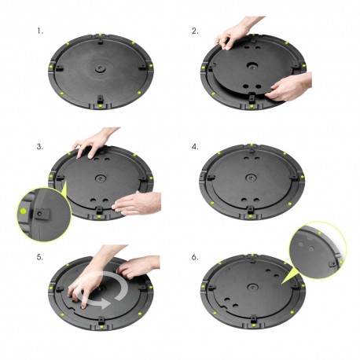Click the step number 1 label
coord(39,31)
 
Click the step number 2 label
coord(195,31)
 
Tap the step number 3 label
coord(39,146)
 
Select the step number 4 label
coord(195,146)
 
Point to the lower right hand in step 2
coord(291,86)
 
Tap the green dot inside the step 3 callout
coord(26,211)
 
